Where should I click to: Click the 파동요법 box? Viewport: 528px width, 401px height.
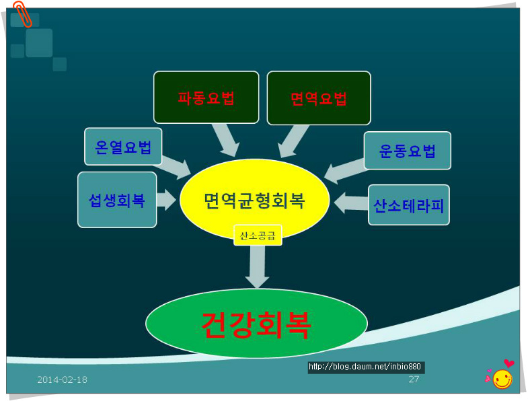(206, 98)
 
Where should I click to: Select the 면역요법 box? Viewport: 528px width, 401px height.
(319, 98)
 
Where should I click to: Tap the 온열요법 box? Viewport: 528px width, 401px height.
(123, 147)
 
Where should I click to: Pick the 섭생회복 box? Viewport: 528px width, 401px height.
(117, 200)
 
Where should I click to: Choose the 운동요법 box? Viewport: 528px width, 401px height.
(407, 151)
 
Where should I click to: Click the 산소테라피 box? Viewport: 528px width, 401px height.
(409, 205)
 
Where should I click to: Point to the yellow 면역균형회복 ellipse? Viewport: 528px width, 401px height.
(254, 200)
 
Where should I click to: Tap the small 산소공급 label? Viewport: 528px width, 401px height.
(258, 235)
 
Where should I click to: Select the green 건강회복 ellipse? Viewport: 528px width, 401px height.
(256, 324)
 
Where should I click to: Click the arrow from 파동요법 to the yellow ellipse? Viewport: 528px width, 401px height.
(226, 140)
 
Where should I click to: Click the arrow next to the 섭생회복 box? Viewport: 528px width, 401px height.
(165, 199)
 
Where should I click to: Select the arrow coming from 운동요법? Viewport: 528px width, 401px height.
(344, 170)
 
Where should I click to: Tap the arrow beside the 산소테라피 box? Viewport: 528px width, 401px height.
(350, 202)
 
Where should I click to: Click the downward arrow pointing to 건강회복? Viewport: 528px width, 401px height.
(257, 266)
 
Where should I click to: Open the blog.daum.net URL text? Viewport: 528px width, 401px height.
(366, 367)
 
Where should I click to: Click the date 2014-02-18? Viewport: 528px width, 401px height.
(62, 379)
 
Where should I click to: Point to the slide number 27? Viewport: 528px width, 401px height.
(414, 379)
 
